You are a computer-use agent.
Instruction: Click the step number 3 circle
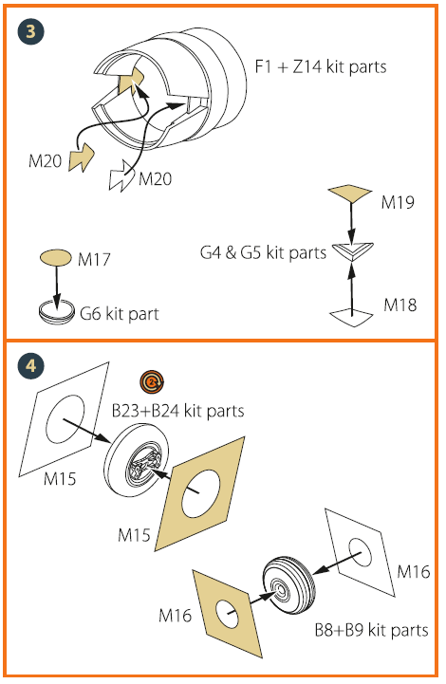click(x=31, y=31)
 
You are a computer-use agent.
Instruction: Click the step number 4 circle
click(x=31, y=365)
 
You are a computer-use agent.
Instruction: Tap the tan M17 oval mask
click(x=56, y=258)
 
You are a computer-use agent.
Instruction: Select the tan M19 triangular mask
click(x=350, y=194)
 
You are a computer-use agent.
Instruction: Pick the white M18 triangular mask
click(x=351, y=317)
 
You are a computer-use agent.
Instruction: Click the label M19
click(x=398, y=202)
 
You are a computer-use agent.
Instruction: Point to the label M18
click(x=400, y=305)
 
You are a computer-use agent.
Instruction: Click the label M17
click(x=94, y=260)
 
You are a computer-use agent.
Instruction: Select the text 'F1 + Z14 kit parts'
click(x=321, y=66)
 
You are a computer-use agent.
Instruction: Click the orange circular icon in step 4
click(x=152, y=382)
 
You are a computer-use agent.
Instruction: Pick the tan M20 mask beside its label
click(x=82, y=157)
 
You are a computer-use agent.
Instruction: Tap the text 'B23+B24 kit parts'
click(x=178, y=411)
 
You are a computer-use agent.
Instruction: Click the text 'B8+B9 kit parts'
click(x=372, y=630)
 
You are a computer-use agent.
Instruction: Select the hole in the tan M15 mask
click(x=201, y=495)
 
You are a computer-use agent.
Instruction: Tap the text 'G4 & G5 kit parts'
click(x=263, y=252)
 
